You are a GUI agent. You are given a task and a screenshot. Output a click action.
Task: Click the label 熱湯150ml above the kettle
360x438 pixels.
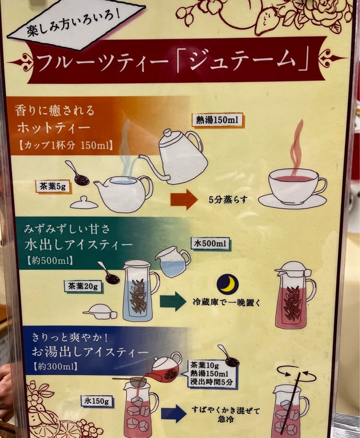click(218, 120)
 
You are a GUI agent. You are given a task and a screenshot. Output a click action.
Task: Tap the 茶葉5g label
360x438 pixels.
click(53, 187)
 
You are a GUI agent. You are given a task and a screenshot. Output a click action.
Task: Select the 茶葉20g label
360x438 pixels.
click(83, 287)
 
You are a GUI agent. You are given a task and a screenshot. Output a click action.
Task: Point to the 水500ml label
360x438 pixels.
click(210, 244)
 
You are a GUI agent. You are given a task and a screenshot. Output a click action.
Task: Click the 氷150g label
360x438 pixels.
click(97, 401)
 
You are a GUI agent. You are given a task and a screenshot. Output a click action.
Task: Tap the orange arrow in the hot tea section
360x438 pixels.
click(184, 199)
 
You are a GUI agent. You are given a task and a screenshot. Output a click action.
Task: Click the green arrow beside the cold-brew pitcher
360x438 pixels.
click(172, 302)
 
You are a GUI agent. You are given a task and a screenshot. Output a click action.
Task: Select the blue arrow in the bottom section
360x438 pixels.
click(174, 413)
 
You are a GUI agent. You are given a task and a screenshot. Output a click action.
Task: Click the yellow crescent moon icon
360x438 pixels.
click(228, 284)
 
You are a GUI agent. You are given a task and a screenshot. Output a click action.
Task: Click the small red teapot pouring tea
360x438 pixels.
click(165, 367)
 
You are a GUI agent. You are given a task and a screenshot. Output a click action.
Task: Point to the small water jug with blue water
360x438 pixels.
click(173, 261)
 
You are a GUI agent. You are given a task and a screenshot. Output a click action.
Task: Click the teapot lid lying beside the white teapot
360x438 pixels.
click(84, 203)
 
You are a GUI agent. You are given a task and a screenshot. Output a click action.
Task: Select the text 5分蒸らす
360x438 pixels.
click(228, 199)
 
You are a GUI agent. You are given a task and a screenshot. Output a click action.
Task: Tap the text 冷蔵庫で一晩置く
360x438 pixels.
click(226, 302)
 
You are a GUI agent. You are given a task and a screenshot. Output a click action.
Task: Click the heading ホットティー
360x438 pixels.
click(54, 128)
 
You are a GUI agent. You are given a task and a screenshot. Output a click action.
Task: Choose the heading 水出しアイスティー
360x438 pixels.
click(78, 245)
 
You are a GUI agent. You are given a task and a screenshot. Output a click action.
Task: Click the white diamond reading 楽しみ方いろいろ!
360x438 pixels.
click(76, 25)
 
